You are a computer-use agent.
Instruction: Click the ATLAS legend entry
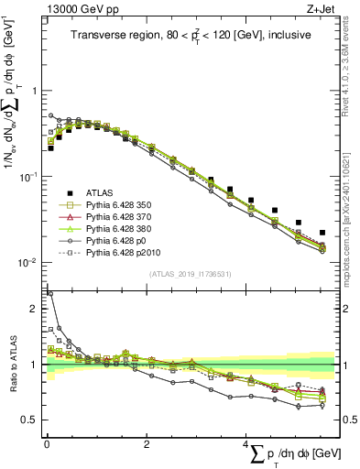click(100, 192)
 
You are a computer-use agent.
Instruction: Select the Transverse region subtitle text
click(190, 36)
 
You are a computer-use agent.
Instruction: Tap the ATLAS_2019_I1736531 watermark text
click(190, 274)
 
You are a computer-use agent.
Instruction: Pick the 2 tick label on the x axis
click(147, 443)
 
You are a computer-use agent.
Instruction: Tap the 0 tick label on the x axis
click(47, 443)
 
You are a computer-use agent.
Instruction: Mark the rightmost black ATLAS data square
click(322, 233)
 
